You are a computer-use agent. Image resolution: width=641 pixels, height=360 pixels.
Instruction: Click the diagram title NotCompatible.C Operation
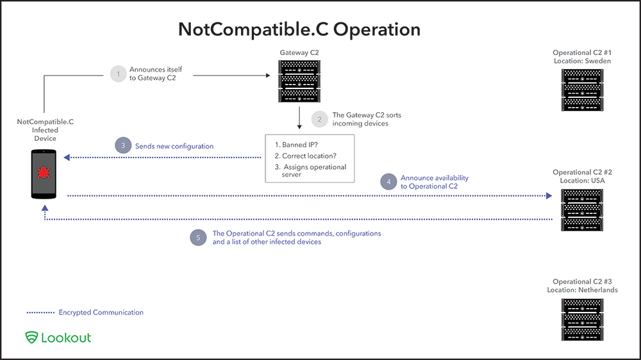(x=299, y=29)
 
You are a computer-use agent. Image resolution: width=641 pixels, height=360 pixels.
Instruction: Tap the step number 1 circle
(x=117, y=74)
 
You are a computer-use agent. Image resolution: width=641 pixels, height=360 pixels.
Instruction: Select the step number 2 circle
(x=319, y=119)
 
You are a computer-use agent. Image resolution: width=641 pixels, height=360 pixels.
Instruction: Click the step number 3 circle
(x=123, y=146)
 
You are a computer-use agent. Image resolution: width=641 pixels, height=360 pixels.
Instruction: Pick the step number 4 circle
(x=388, y=181)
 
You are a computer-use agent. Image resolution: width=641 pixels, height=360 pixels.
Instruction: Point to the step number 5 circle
(x=199, y=238)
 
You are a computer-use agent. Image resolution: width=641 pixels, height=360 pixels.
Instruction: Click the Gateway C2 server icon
(x=299, y=81)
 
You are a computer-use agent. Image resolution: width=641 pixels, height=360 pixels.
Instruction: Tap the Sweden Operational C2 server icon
(x=582, y=89)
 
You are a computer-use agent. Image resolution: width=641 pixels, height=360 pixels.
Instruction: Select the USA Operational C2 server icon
(x=582, y=209)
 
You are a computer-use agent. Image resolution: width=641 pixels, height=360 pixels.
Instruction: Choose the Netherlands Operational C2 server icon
(x=582, y=318)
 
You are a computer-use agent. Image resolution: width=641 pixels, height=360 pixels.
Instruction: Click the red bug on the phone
(x=44, y=172)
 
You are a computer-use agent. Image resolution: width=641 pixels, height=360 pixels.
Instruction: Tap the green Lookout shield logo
(x=31, y=337)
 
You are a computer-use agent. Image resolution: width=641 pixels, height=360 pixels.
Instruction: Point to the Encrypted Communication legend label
(x=101, y=313)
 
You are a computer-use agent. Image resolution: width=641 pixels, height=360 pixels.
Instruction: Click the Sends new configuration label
(x=174, y=146)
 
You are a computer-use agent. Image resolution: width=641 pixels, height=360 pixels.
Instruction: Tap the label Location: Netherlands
(x=582, y=290)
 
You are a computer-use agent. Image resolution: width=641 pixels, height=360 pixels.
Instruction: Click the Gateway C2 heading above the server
(x=299, y=52)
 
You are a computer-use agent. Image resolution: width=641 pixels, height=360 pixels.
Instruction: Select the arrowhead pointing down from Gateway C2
(x=299, y=126)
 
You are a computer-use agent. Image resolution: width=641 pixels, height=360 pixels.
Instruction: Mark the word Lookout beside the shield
(x=66, y=337)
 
